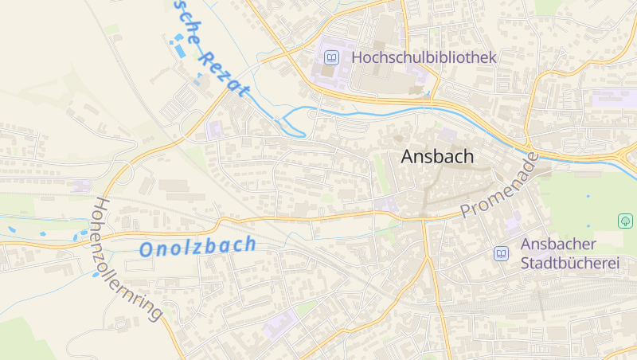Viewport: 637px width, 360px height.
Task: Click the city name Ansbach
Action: (437, 156)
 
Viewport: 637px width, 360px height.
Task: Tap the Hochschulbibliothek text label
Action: (424, 57)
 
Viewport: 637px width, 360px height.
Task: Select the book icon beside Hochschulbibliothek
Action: (331, 57)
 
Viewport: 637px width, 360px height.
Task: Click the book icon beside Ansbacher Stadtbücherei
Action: (502, 253)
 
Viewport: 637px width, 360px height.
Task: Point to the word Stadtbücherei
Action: (569, 263)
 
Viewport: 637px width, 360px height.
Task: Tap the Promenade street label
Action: (500, 186)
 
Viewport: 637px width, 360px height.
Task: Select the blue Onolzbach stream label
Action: (197, 247)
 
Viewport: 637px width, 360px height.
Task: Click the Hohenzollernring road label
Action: (127, 259)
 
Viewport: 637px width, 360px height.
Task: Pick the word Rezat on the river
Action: (225, 73)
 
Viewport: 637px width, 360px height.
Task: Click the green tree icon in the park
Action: (625, 220)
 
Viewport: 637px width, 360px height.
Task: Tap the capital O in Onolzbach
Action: (147, 250)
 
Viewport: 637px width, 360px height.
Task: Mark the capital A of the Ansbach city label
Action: (408, 156)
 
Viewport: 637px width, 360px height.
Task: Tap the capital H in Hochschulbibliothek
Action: (358, 57)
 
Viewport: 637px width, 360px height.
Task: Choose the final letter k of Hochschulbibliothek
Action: (492, 57)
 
